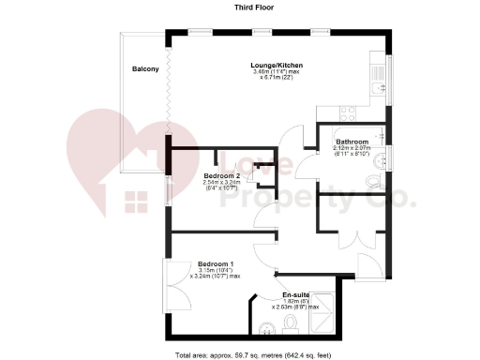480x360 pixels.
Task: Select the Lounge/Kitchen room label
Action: pyautogui.click(x=277, y=65)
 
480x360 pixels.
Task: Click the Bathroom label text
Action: pyautogui.click(x=352, y=142)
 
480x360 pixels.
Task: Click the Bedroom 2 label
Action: pyautogui.click(x=222, y=175)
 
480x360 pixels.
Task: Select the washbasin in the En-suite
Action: pyautogui.click(x=267, y=328)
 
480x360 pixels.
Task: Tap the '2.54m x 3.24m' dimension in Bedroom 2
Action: pyautogui.click(x=222, y=183)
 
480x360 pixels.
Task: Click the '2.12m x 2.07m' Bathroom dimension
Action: pyautogui.click(x=352, y=148)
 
